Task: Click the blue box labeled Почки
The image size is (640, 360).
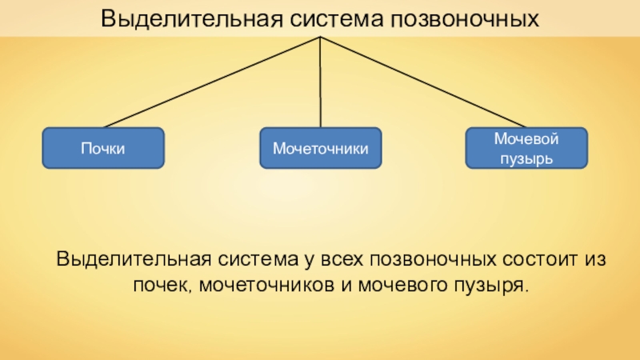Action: point(103,149)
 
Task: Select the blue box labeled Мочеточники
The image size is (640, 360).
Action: point(320,149)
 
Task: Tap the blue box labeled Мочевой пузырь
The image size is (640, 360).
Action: point(526,148)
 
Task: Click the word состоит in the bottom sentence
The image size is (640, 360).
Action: point(538,261)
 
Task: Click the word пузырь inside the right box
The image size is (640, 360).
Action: point(526,158)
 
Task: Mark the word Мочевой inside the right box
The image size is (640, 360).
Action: point(526,140)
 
